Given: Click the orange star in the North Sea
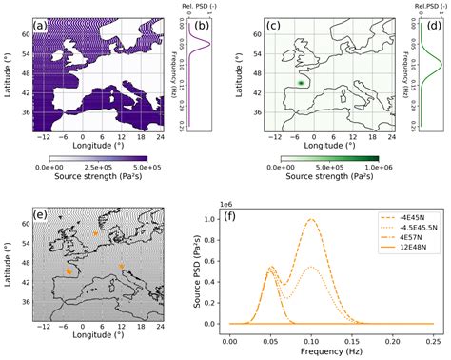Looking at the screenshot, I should [x=95, y=232].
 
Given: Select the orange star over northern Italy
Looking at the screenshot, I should [x=122, y=266].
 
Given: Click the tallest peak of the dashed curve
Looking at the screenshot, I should [x=311, y=219].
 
